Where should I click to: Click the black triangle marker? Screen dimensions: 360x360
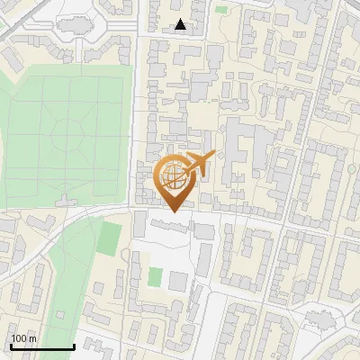(181, 25)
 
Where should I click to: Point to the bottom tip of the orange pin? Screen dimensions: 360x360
(171, 212)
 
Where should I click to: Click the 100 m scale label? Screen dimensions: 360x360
(23, 338)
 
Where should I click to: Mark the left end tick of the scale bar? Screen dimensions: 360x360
(10, 346)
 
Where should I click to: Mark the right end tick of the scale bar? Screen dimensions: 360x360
(75, 346)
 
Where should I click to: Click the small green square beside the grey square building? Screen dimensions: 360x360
(155, 276)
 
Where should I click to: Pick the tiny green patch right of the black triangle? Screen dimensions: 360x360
(221, 11)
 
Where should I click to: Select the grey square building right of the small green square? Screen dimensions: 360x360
(178, 281)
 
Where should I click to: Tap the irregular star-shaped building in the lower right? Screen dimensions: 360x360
(319, 319)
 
